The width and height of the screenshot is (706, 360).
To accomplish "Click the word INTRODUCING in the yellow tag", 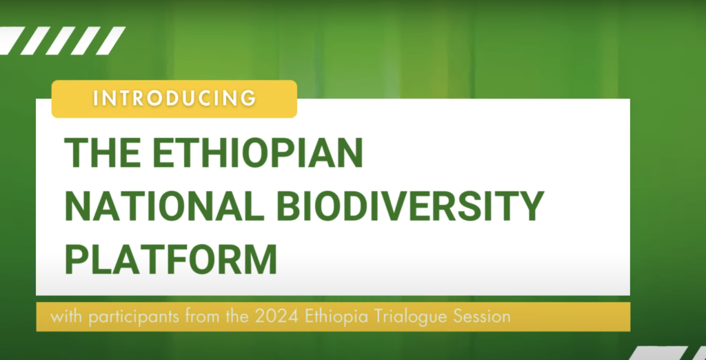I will (x=174, y=98).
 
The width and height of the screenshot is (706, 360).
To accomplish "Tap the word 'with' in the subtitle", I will (x=64, y=317).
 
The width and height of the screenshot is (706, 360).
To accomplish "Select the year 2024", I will (x=272, y=317).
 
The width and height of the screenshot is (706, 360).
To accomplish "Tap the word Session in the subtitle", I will (x=481, y=317).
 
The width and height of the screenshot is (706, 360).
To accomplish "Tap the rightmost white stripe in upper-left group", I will (x=110, y=41).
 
